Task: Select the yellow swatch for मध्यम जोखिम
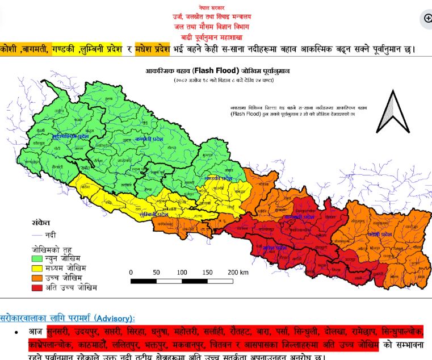[x=37, y=267]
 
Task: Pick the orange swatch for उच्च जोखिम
[x=37, y=278]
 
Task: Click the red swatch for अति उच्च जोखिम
[x=37, y=288]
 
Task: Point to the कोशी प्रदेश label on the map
[x=379, y=234]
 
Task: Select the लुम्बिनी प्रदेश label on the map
[x=157, y=215]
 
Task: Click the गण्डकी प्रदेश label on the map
[x=218, y=178]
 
